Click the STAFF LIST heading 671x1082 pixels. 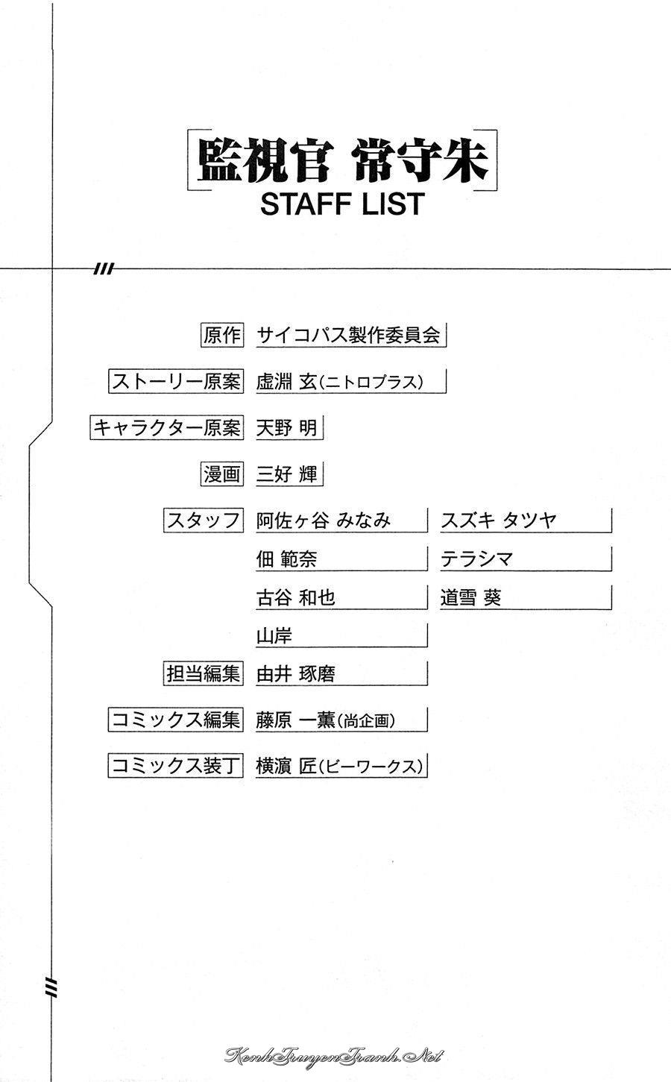pyautogui.click(x=342, y=204)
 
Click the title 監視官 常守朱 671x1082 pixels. pyautogui.click(x=342, y=161)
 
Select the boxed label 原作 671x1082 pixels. pyautogui.click(x=222, y=335)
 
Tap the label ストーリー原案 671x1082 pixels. pyautogui.click(x=176, y=382)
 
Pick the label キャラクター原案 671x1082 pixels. pyautogui.click(x=167, y=427)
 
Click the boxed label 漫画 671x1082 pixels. pyautogui.click(x=222, y=474)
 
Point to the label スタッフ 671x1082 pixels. pyautogui.click(x=204, y=520)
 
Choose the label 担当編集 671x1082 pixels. pyautogui.click(x=204, y=673)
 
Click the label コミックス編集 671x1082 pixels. pyautogui.click(x=176, y=720)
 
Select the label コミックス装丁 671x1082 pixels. pyautogui.click(x=176, y=766)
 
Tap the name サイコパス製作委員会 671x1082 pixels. pyautogui.click(x=348, y=335)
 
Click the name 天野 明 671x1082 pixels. pyautogui.click(x=286, y=428)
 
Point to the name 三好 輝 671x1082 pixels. pyautogui.click(x=286, y=474)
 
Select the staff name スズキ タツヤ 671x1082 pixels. pyautogui.click(x=499, y=520)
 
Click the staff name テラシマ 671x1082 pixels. pyautogui.click(x=476, y=559)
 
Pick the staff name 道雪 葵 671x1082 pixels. pyautogui.click(x=471, y=598)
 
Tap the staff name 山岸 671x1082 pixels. pyautogui.click(x=274, y=636)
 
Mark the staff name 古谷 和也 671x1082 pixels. pyautogui.click(x=296, y=598)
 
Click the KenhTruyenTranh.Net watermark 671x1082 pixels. pyautogui.click(x=333, y=1056)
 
